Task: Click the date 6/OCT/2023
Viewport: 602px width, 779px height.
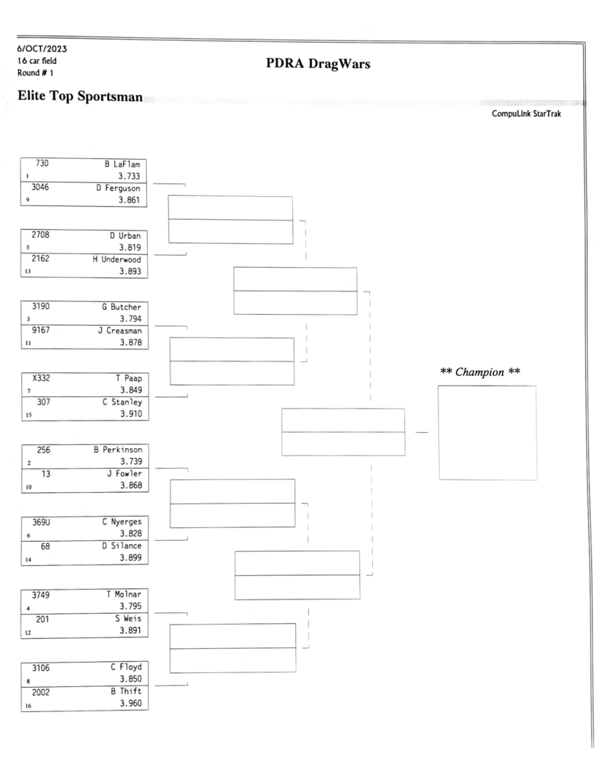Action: click(x=42, y=49)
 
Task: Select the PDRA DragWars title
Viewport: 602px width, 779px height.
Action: click(x=317, y=64)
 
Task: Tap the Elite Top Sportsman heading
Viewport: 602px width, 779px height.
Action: click(x=80, y=96)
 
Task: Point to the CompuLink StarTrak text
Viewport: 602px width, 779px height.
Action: click(x=526, y=114)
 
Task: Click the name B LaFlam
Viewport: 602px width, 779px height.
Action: click(x=123, y=164)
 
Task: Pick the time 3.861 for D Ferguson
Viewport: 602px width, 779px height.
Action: click(x=129, y=200)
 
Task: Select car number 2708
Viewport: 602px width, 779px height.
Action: click(x=40, y=234)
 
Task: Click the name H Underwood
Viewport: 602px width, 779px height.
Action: click(x=116, y=259)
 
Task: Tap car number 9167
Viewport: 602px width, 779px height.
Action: click(x=41, y=330)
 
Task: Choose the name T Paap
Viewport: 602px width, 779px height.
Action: click(x=129, y=378)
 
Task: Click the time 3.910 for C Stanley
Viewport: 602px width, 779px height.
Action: click(x=131, y=413)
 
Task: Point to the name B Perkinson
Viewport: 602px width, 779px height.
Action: click(x=118, y=450)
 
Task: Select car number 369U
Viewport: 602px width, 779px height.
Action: click(x=41, y=522)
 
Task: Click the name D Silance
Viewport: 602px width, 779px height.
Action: click(x=122, y=545)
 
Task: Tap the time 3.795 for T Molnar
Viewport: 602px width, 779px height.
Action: click(x=130, y=606)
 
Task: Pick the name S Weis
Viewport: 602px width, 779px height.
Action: click(x=129, y=618)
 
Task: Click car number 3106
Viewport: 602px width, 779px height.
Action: click(x=41, y=668)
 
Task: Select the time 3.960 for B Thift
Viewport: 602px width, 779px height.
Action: click(x=131, y=703)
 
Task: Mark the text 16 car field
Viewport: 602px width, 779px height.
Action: click(x=37, y=61)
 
